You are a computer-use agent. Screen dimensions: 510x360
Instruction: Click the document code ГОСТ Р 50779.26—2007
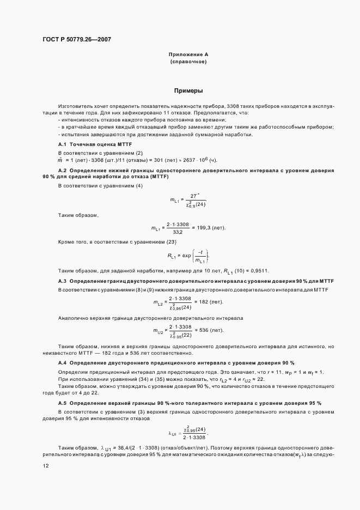(76, 39)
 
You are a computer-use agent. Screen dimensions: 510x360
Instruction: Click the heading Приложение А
(189, 55)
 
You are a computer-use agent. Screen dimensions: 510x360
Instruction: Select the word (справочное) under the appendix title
(189, 62)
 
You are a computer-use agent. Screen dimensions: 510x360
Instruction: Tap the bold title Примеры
(189, 91)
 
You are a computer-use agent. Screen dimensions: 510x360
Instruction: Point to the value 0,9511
(259, 271)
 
